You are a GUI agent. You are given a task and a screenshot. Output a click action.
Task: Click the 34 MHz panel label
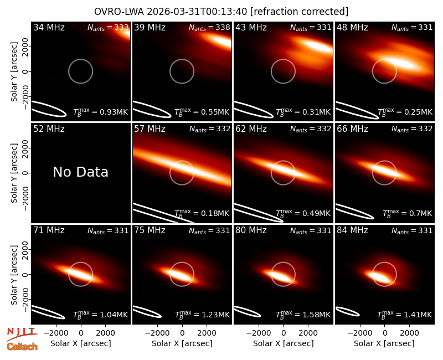coord(49,27)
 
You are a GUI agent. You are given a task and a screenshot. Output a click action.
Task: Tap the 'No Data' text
coord(80,172)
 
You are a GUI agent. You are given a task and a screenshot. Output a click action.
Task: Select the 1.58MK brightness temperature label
coord(303,314)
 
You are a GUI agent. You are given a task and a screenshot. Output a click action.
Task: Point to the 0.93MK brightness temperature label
coord(101,112)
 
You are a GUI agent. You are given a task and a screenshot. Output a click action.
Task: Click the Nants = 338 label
coord(209,27)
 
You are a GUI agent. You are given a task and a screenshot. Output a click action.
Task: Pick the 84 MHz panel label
coord(352,230)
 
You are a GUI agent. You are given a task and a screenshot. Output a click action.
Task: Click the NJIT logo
coord(22,333)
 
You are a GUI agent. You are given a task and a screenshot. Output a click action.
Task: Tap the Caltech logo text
coord(22,347)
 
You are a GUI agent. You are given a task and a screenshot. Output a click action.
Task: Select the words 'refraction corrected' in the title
coord(299,12)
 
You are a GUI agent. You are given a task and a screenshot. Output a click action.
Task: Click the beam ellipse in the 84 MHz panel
coord(348,311)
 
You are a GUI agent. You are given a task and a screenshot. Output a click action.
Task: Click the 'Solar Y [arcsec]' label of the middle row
coord(14,173)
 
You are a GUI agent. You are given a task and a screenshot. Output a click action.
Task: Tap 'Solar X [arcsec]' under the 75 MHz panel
coord(182,343)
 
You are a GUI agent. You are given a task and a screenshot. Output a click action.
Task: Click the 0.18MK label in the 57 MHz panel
coord(202,213)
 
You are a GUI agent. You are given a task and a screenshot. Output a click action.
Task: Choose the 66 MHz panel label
coord(352,129)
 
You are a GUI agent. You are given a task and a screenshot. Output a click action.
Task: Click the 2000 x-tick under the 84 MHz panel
coord(409,333)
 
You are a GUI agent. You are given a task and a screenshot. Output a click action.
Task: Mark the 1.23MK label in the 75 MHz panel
coord(202,314)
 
